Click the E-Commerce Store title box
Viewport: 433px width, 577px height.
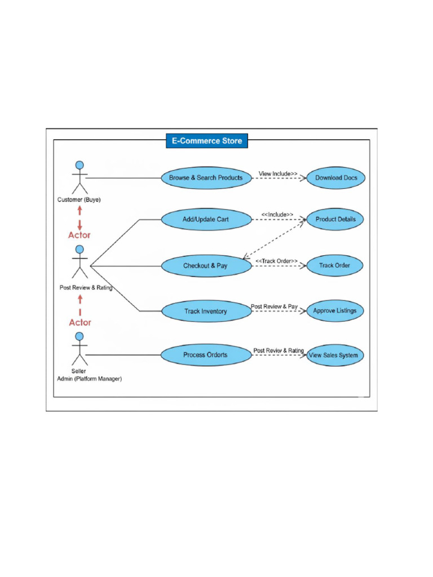206,140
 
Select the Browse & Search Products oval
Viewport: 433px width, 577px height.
206,177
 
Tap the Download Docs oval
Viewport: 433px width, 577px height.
335,178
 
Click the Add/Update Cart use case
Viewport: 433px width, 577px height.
206,219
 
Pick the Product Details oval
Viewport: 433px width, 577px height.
335,219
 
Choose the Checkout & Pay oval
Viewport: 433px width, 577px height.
206,265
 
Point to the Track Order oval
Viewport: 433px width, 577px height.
335,265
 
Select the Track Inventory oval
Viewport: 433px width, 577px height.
206,311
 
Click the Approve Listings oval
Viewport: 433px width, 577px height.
335,310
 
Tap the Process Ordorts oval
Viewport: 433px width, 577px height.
206,355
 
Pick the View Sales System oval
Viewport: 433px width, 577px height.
335,356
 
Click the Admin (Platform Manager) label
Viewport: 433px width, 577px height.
89,379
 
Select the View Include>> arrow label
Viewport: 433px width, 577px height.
278,174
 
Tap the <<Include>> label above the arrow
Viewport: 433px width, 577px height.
277,214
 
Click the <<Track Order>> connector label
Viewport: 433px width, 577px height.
276,261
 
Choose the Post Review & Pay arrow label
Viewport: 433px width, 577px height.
274,307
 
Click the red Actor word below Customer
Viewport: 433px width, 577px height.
79,235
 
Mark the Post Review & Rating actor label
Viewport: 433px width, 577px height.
86,287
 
